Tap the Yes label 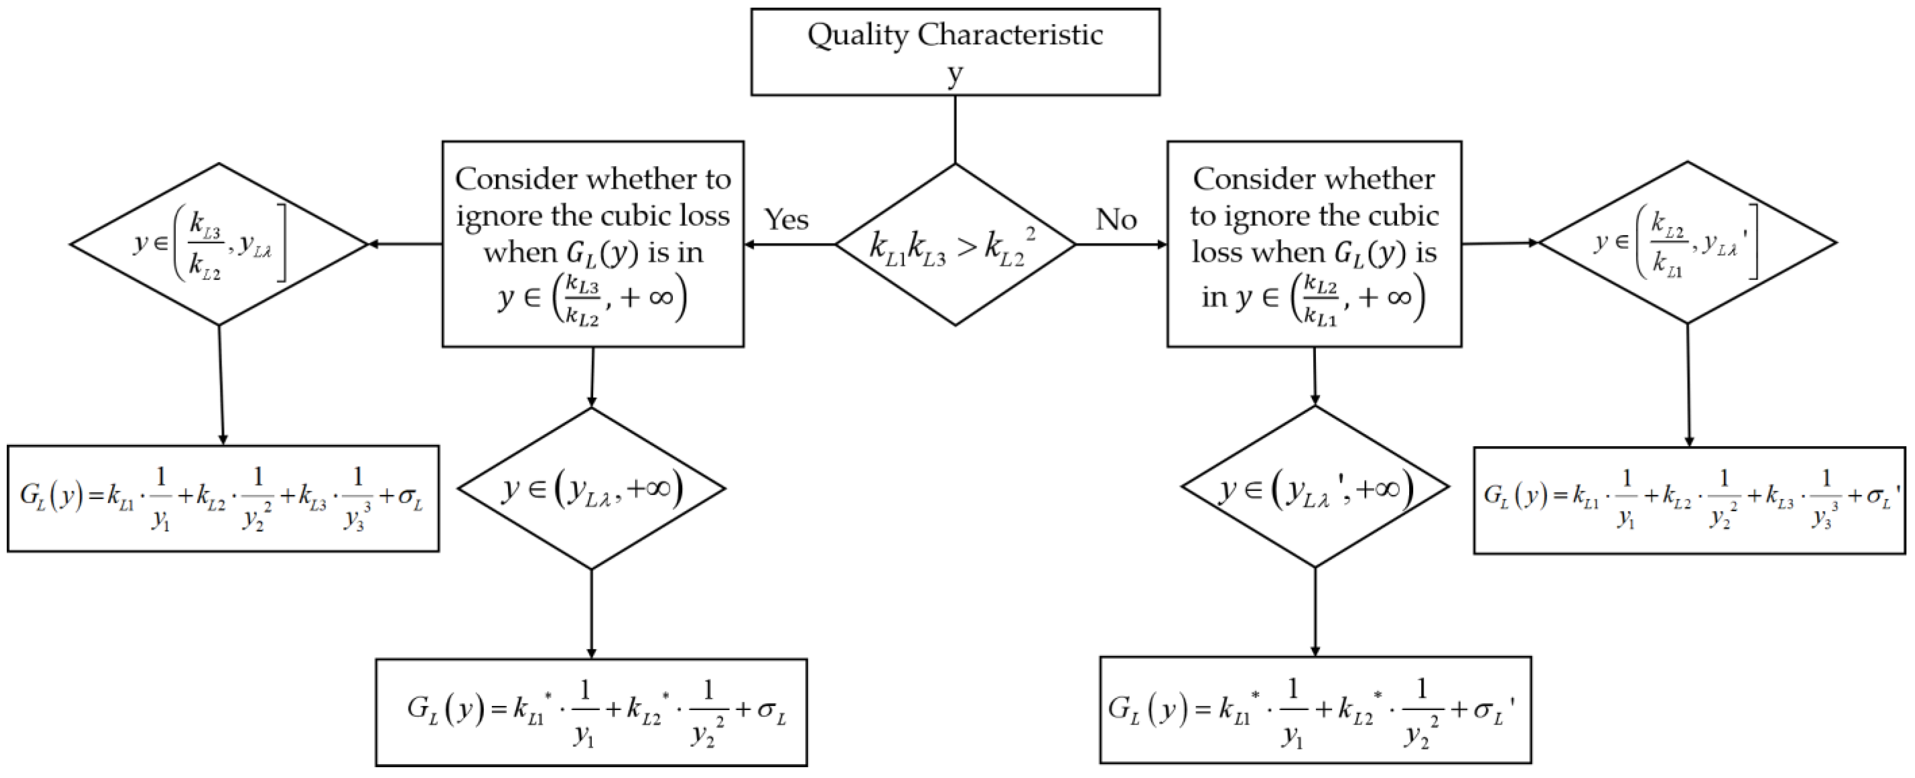(787, 219)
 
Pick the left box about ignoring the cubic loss (592, 244)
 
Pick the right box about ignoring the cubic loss (1314, 244)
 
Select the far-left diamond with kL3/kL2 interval (219, 244)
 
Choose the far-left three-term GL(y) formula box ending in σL (223, 498)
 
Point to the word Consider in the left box (516, 179)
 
